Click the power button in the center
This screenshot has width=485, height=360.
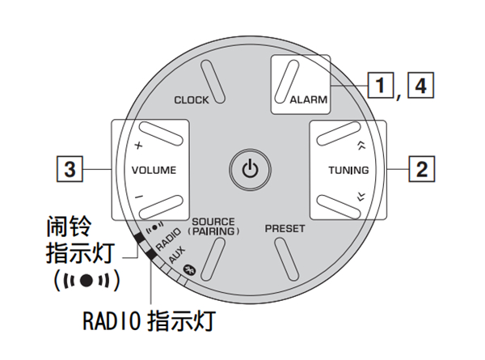point(251,169)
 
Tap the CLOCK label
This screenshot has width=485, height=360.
point(192,100)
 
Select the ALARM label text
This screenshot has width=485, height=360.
point(308,101)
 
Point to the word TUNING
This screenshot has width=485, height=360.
point(348,171)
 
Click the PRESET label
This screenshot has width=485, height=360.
point(285,229)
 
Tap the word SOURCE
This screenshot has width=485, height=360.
point(213,222)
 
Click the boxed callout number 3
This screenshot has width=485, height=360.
point(71,170)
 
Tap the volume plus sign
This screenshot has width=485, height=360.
point(138,146)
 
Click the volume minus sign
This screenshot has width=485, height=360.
point(138,194)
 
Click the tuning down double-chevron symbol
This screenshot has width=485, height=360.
point(361,194)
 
